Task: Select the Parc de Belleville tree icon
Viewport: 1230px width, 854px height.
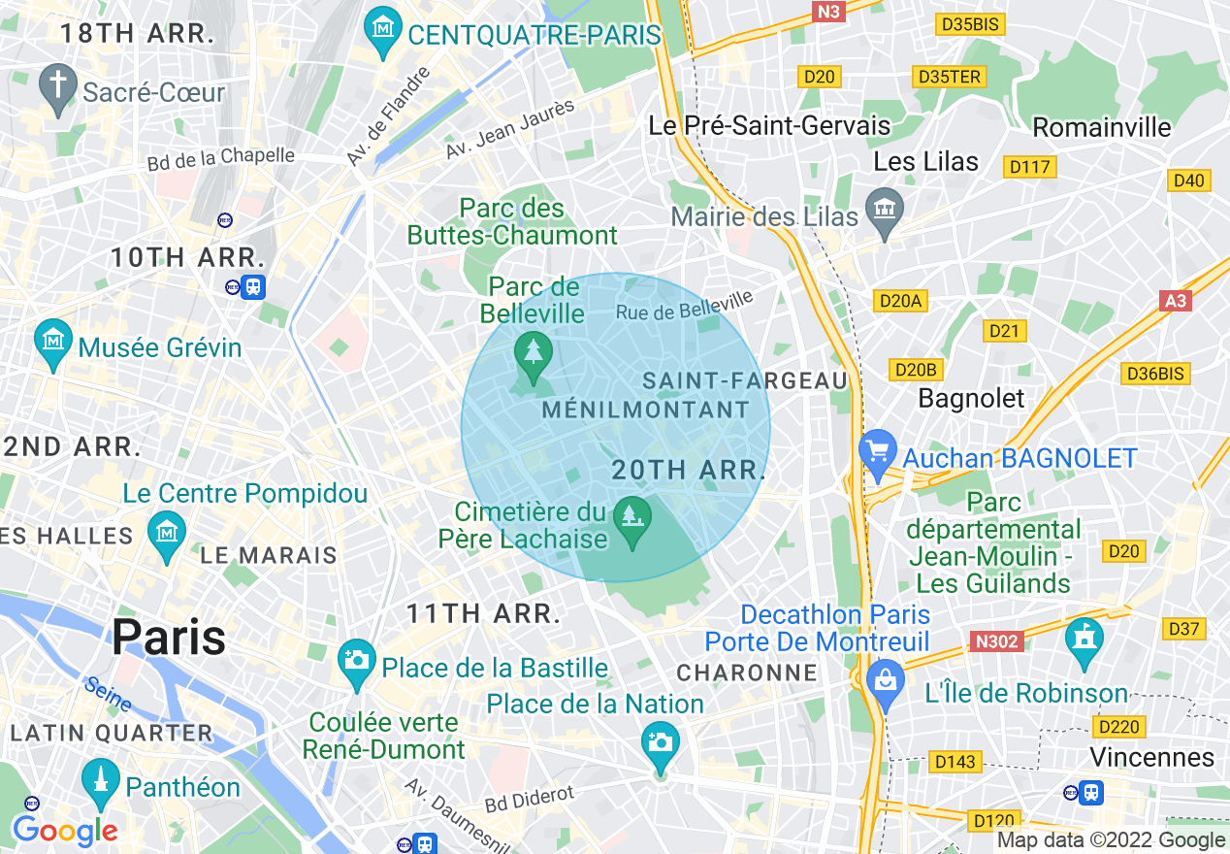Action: click(533, 353)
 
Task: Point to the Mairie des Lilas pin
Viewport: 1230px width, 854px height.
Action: click(885, 212)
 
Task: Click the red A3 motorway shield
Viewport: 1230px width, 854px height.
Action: click(1175, 301)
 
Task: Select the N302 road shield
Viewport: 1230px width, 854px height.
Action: click(997, 641)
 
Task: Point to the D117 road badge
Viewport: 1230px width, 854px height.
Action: click(1029, 167)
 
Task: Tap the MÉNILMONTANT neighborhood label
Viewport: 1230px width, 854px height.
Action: click(645, 410)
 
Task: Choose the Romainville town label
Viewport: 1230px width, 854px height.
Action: click(1101, 127)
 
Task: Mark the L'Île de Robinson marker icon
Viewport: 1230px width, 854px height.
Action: click(1084, 641)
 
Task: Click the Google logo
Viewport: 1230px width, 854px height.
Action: click(65, 831)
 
